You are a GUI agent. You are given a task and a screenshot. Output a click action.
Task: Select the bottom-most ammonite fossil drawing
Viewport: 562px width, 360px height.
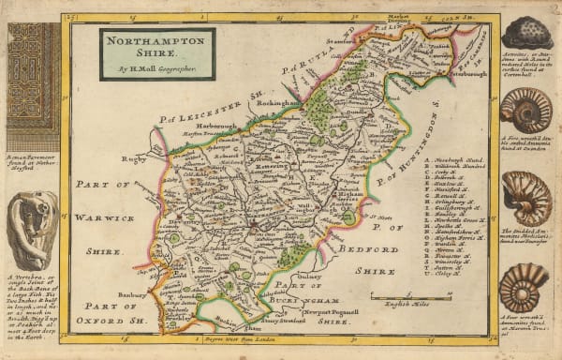tap(523, 285)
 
